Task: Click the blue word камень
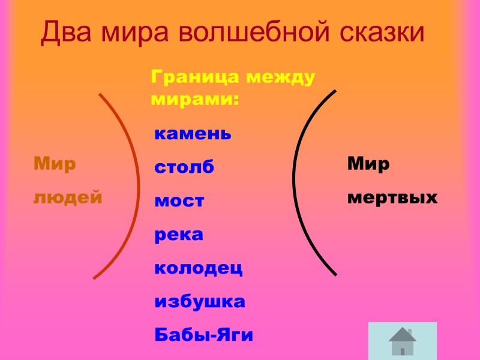193,133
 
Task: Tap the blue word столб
184,167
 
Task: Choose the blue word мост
179,201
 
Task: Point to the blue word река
179,235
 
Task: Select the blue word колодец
198,268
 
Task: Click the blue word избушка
200,301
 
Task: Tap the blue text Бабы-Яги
203,335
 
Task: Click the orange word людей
67,197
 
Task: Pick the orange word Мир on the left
55,163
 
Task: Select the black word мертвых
392,197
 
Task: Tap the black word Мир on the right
368,163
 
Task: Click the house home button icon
402,341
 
